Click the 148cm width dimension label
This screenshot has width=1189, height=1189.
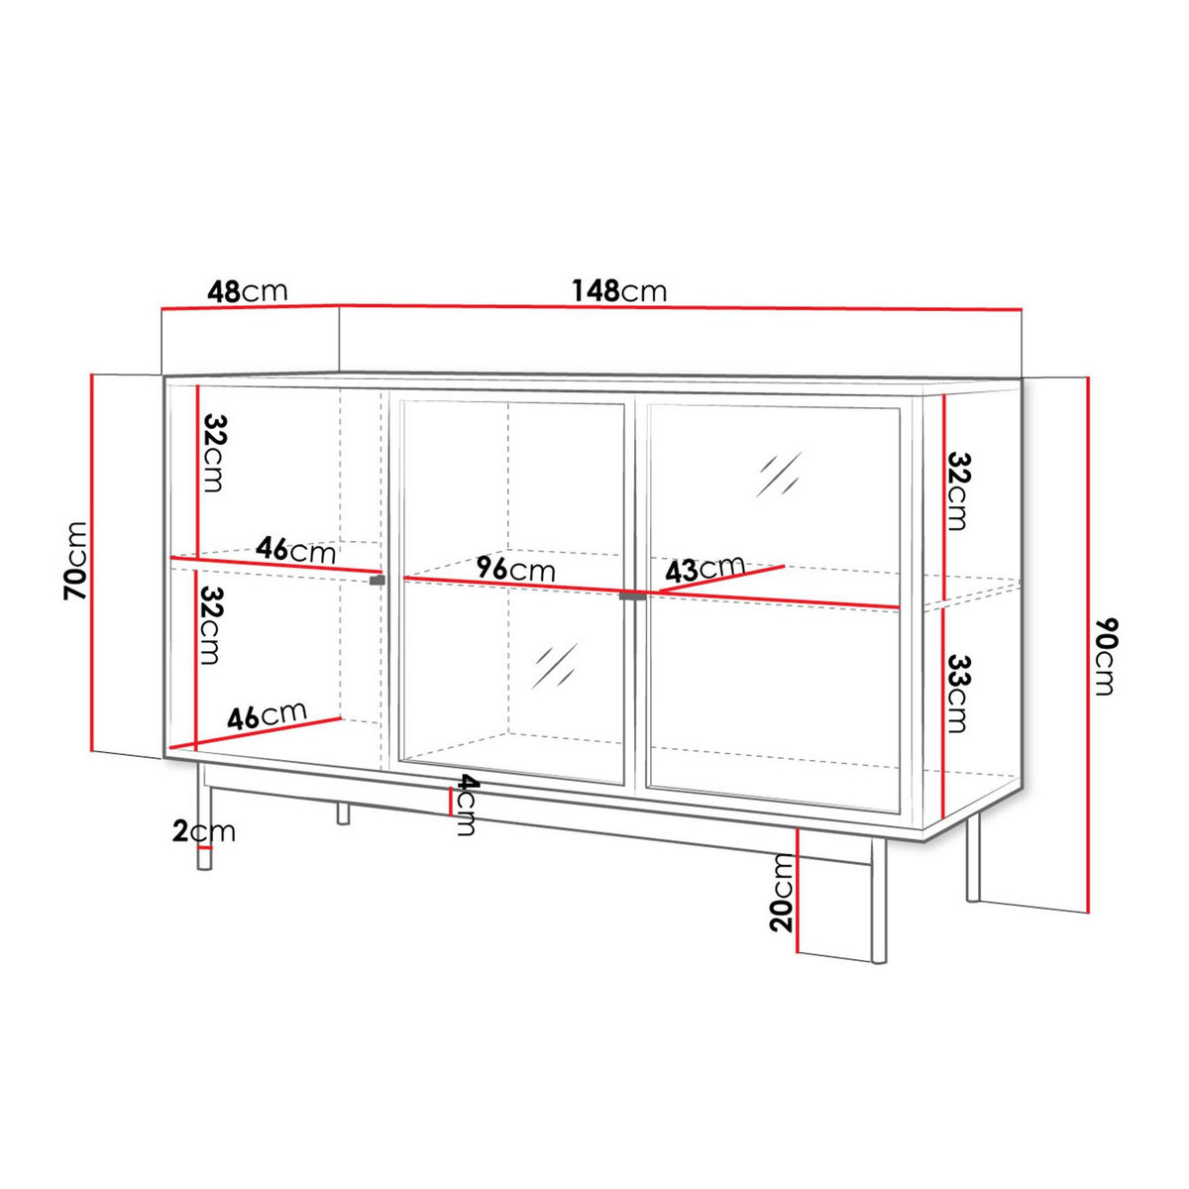(619, 291)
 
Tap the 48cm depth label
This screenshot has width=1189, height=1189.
(247, 291)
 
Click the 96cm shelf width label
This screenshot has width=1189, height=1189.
(515, 570)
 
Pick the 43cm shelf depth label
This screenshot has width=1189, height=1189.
(704, 569)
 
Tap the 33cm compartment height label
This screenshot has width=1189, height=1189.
(955, 693)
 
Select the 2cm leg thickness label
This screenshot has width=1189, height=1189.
(204, 831)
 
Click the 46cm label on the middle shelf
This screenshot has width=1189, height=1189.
(295, 549)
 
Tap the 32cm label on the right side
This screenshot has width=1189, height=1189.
(957, 491)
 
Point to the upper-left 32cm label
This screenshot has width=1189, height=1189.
(213, 453)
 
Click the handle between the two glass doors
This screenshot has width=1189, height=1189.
(631, 596)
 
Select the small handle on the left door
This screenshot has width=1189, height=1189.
(377, 580)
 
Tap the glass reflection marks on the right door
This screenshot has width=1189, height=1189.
(779, 475)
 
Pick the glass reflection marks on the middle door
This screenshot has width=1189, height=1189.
(556, 666)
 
